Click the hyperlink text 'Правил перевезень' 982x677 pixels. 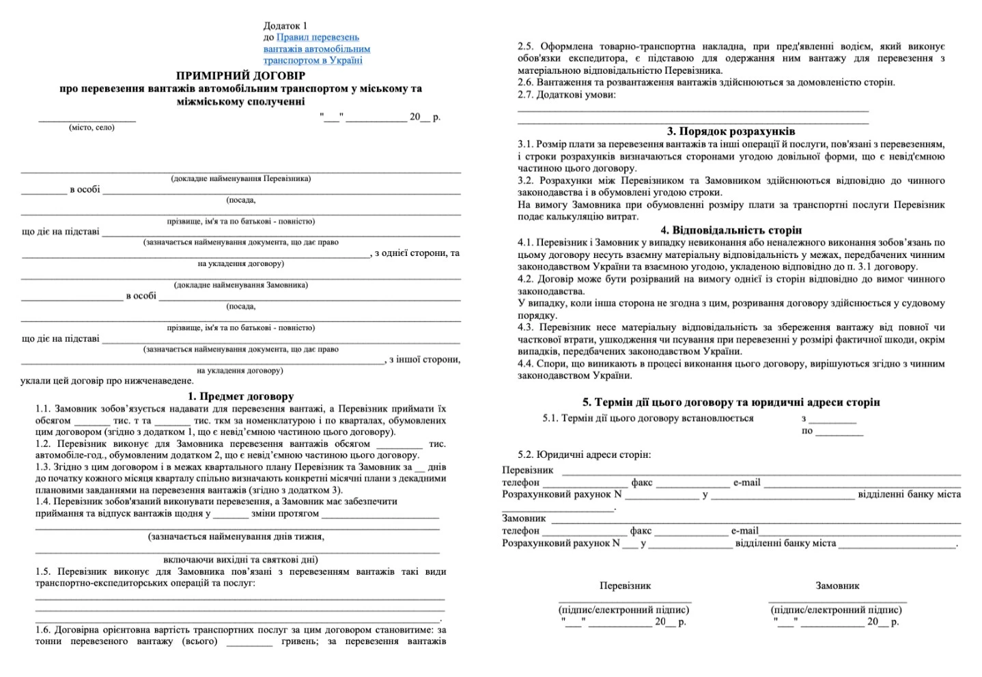pos(318,37)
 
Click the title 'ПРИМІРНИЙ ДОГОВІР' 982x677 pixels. pos(240,76)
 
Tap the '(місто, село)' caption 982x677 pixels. pos(92,128)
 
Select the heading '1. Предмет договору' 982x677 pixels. pos(240,396)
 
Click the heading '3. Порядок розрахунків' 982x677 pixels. pos(731,131)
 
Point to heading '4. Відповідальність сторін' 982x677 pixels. pos(731,230)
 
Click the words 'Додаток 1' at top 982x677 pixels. pos(285,25)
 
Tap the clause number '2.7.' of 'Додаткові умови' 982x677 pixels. pos(526,94)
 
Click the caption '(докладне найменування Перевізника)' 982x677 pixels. pos(240,179)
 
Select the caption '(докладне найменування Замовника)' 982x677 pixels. pos(240,285)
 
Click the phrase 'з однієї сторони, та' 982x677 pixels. pos(417,253)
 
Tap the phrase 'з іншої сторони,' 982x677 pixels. pos(424,360)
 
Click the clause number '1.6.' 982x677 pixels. pos(43,629)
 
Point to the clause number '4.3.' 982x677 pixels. pos(526,327)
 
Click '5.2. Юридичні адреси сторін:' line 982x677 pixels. pos(584,455)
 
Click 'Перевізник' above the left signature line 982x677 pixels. pos(625,586)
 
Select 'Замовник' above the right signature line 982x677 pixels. pos(837,586)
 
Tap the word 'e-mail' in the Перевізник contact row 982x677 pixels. pos(746,482)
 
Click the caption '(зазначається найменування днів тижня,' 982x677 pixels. pos(236,536)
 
